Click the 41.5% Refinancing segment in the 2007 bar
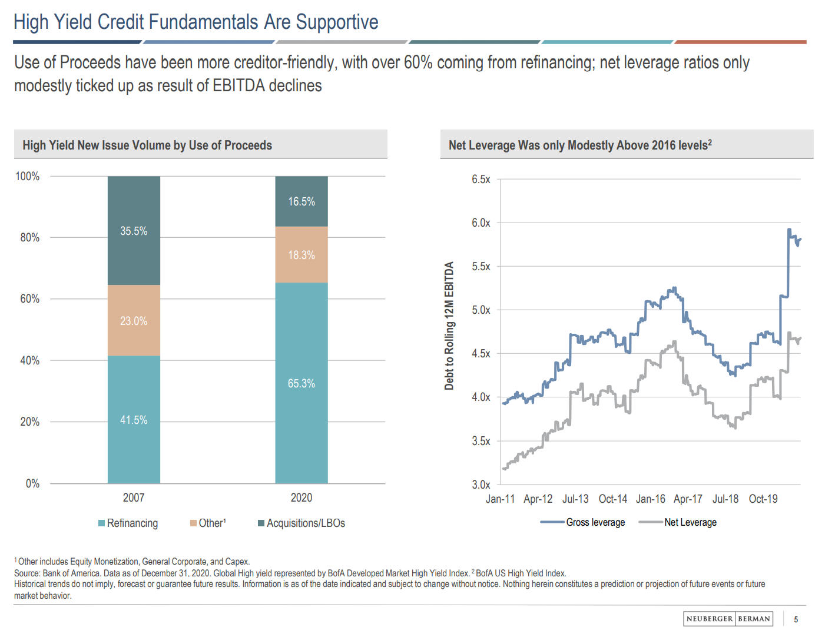(134, 420)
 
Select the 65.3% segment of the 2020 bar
(301, 383)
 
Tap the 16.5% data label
(301, 201)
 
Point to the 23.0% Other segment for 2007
(134, 321)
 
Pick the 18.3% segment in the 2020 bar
(301, 255)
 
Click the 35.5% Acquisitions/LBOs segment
(134, 231)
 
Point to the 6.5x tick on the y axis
(481, 179)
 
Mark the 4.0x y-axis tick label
(481, 397)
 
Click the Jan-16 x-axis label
(650, 499)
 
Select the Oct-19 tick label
(763, 499)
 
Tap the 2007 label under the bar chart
(134, 497)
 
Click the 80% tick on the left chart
(29, 237)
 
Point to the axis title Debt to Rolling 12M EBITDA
(449, 326)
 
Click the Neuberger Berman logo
(728, 619)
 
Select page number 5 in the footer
(796, 619)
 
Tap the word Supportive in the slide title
(337, 22)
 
